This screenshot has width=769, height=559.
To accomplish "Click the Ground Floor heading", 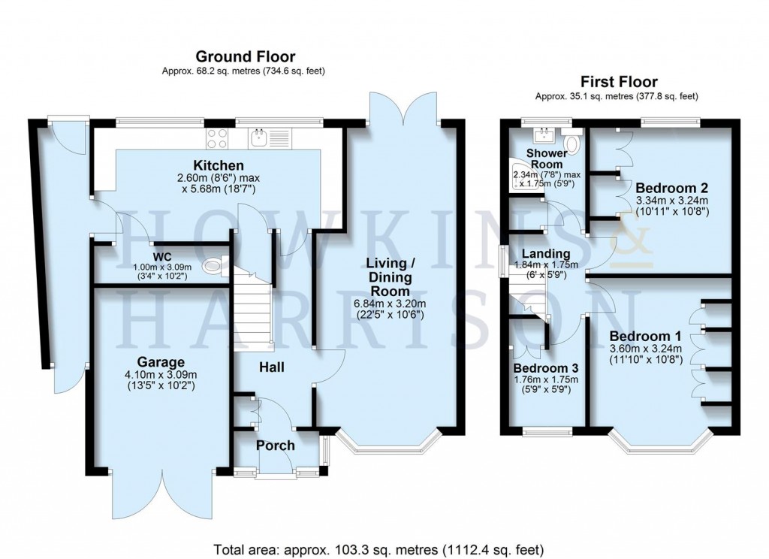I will click(246, 56).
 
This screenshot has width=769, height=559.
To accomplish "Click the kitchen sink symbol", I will click(260, 137).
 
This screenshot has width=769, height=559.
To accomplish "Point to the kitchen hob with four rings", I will click(218, 138).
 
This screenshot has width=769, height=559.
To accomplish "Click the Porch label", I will click(276, 445).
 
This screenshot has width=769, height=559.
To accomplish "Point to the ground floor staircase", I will click(251, 308).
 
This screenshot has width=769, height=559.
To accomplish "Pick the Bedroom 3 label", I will click(546, 368).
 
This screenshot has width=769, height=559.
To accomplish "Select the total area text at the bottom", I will click(378, 548).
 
